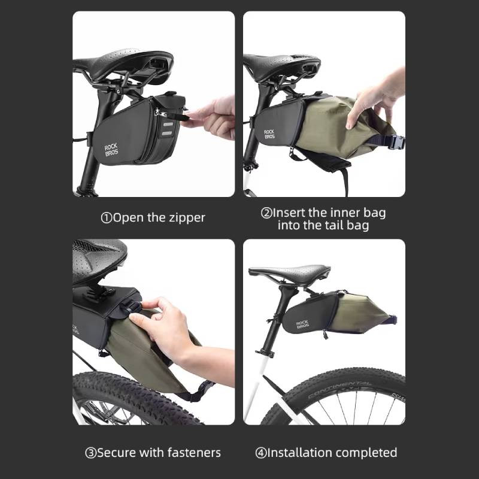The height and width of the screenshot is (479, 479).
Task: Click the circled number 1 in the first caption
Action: pos(107,218)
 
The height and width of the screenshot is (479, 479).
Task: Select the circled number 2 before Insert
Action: pos(266,213)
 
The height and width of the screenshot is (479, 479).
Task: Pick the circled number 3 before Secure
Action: pos(91,453)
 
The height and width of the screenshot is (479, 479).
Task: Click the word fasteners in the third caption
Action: pos(194,453)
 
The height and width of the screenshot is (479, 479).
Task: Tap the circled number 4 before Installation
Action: pos(261,453)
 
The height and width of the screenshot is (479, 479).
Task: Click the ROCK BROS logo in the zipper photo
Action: pos(111,149)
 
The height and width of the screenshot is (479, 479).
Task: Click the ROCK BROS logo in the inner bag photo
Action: pos(269,134)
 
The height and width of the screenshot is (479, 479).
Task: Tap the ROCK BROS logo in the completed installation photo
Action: pos(302,325)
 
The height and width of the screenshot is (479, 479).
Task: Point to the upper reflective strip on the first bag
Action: pos(168,125)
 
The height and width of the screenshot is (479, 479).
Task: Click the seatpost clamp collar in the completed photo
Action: pos(265,353)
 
